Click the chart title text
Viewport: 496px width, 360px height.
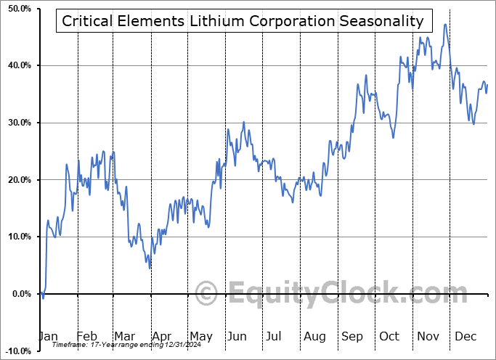[243, 20]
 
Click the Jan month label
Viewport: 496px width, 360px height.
[48, 336]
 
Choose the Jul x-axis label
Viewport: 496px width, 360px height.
[275, 336]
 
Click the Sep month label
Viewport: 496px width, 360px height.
[352, 336]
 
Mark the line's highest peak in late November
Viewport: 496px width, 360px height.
[444, 25]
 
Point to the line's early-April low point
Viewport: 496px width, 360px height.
[150, 268]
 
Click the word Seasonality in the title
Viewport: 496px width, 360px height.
[381, 20]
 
